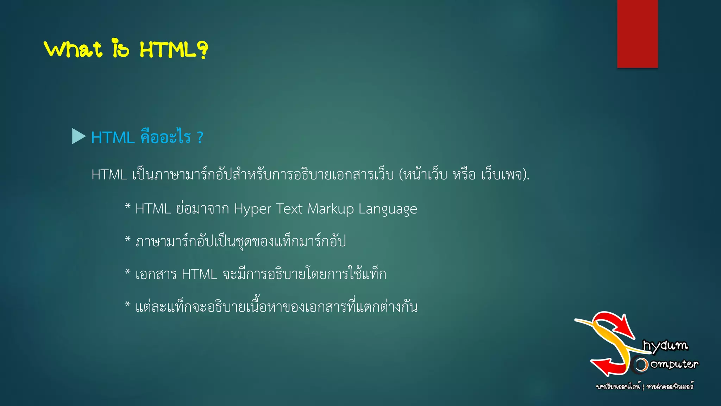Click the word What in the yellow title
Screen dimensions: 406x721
pos(73,49)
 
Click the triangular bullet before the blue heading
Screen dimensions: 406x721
pos(79,136)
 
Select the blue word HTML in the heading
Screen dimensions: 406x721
pos(113,137)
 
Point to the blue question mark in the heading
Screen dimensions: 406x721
pos(200,137)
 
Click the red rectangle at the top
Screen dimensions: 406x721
pos(637,33)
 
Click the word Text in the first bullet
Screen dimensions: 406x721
pos(289,209)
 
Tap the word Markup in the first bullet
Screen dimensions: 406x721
pos(331,209)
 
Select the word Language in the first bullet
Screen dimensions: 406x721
pos(388,209)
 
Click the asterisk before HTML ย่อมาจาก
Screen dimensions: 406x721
pos(128,206)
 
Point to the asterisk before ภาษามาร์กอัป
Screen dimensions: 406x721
pos(128,239)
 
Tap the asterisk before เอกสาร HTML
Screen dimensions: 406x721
pos(128,272)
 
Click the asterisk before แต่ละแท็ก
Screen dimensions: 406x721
pos(128,304)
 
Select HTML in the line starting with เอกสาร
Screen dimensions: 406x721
pos(200,274)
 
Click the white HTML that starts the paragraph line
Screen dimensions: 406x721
pos(109,175)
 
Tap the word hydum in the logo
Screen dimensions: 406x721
pos(665,345)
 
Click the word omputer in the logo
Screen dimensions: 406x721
pos(674,364)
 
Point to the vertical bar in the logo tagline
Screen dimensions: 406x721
pos(643,387)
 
